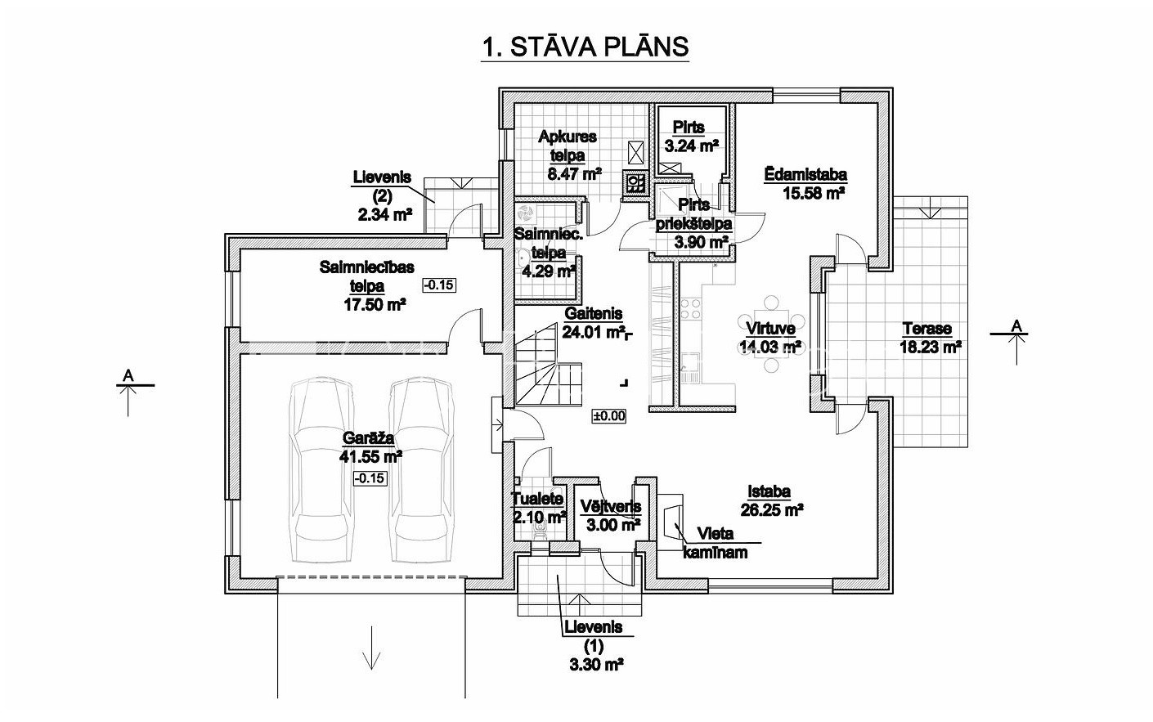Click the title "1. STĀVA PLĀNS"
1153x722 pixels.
pos(585,47)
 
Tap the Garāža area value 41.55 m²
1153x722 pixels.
pos(370,456)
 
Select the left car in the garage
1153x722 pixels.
pos(321,470)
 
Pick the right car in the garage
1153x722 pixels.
pos(421,470)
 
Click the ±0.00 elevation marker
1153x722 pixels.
pos(609,416)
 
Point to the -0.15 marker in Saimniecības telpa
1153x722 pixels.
pos(439,285)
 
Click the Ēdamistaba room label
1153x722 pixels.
pos(805,174)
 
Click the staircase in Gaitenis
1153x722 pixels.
pos(549,365)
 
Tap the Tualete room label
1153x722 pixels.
pos(537,499)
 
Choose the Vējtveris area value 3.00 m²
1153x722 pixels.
pos(613,525)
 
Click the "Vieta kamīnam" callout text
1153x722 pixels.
pos(716,543)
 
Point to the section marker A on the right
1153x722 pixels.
pos(1016,342)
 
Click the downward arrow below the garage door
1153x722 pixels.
pos(371,655)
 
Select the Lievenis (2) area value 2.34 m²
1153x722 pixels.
pos(385,214)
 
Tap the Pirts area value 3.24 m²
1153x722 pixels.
pos(691,146)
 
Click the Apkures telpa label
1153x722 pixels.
pos(568,146)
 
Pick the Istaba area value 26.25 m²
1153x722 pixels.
pos(772,510)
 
